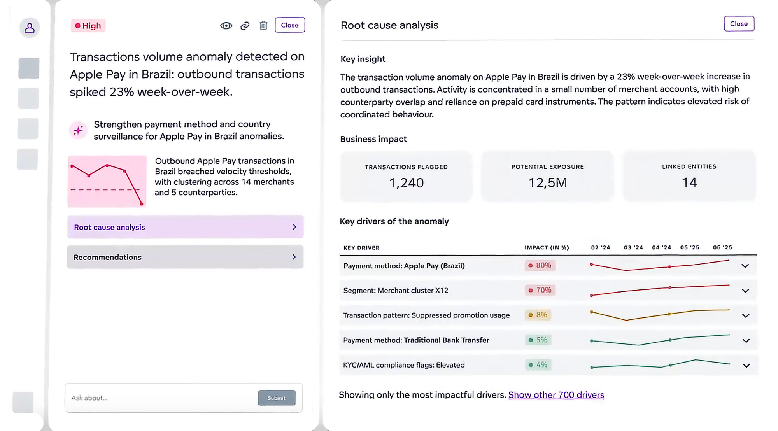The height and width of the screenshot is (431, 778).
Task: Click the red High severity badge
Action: coord(88,26)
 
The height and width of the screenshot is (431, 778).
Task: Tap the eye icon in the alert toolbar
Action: coord(226,26)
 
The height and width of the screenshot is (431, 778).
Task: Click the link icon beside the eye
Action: coord(245,26)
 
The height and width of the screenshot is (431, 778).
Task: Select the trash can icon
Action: coord(263,26)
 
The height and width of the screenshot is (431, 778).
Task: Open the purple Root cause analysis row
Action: coord(185,227)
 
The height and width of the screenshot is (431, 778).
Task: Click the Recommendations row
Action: coord(185,257)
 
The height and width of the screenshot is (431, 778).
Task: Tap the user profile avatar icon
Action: coord(30,28)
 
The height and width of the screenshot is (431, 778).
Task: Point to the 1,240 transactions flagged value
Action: coord(406,183)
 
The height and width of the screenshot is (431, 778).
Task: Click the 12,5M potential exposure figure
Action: coord(547,182)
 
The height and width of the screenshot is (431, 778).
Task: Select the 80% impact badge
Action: coord(540,266)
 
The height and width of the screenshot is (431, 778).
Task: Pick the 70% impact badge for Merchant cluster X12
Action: coord(540,290)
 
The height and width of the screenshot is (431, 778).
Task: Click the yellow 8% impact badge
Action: coord(538,315)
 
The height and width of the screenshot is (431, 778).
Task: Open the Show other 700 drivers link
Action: coord(556,395)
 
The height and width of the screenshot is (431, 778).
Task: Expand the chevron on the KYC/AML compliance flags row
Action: coord(746,366)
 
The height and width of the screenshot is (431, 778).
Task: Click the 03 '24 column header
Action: coord(633,247)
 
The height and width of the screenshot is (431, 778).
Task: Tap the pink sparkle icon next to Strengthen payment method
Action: coord(78,130)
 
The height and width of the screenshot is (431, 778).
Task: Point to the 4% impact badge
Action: coord(538,365)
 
